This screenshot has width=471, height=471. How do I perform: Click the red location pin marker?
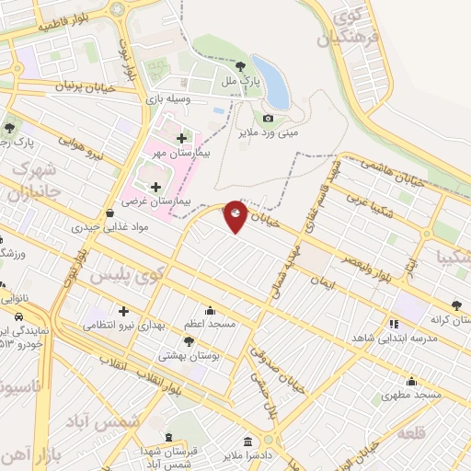point(235,216)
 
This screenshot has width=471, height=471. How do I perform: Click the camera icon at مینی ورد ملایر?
point(269,118)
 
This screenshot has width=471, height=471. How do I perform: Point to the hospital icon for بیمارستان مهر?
point(181,138)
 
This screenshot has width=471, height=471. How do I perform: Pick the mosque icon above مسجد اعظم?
point(212,310)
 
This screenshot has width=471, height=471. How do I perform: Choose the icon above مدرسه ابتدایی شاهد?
point(394,323)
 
